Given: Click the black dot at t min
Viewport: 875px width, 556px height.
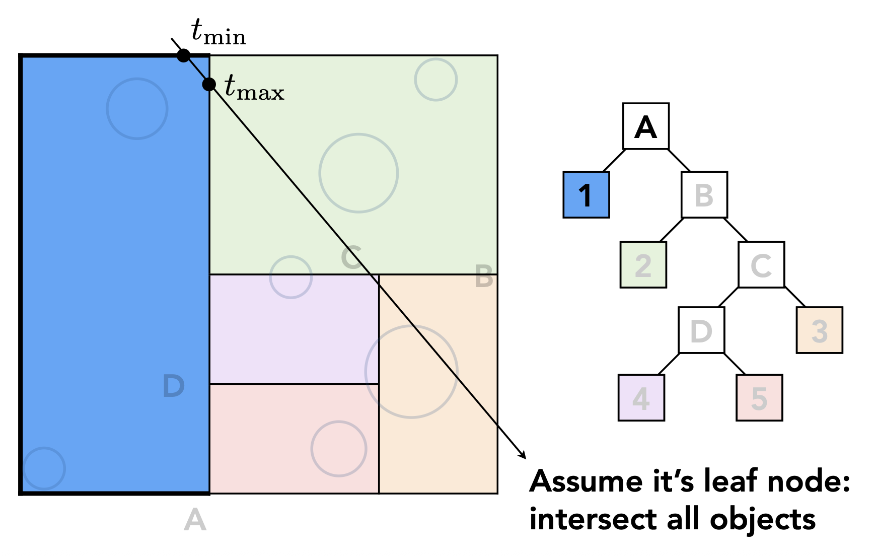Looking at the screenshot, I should point(184,55).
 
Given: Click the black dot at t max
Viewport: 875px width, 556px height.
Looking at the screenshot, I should point(209,84).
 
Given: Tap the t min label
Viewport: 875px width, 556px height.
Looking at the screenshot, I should point(218,32).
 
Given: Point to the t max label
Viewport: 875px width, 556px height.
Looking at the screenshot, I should point(254,88).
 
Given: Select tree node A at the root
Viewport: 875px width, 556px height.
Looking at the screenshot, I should point(646,126).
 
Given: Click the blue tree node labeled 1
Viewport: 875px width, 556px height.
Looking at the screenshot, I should point(586,195).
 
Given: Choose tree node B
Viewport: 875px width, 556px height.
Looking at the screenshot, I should point(704,195).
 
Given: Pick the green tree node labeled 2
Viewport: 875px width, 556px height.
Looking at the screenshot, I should point(643,265).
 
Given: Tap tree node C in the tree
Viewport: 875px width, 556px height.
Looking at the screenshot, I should point(761,265).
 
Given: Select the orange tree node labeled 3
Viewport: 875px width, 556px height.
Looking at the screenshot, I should point(820,330).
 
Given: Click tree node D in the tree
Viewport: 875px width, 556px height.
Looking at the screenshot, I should point(701,330).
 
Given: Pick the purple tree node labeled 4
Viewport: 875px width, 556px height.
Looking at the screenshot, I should point(641,398).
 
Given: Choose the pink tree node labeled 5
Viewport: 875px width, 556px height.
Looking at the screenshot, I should point(759,398).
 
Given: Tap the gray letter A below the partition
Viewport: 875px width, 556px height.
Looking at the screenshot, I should point(195,520).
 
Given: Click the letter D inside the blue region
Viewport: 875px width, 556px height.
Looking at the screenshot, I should point(174,386).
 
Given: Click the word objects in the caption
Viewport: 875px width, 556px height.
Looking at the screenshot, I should point(762,520).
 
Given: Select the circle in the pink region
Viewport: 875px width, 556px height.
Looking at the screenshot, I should point(339,449).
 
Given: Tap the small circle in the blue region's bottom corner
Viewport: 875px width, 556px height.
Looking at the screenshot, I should point(44,468).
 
